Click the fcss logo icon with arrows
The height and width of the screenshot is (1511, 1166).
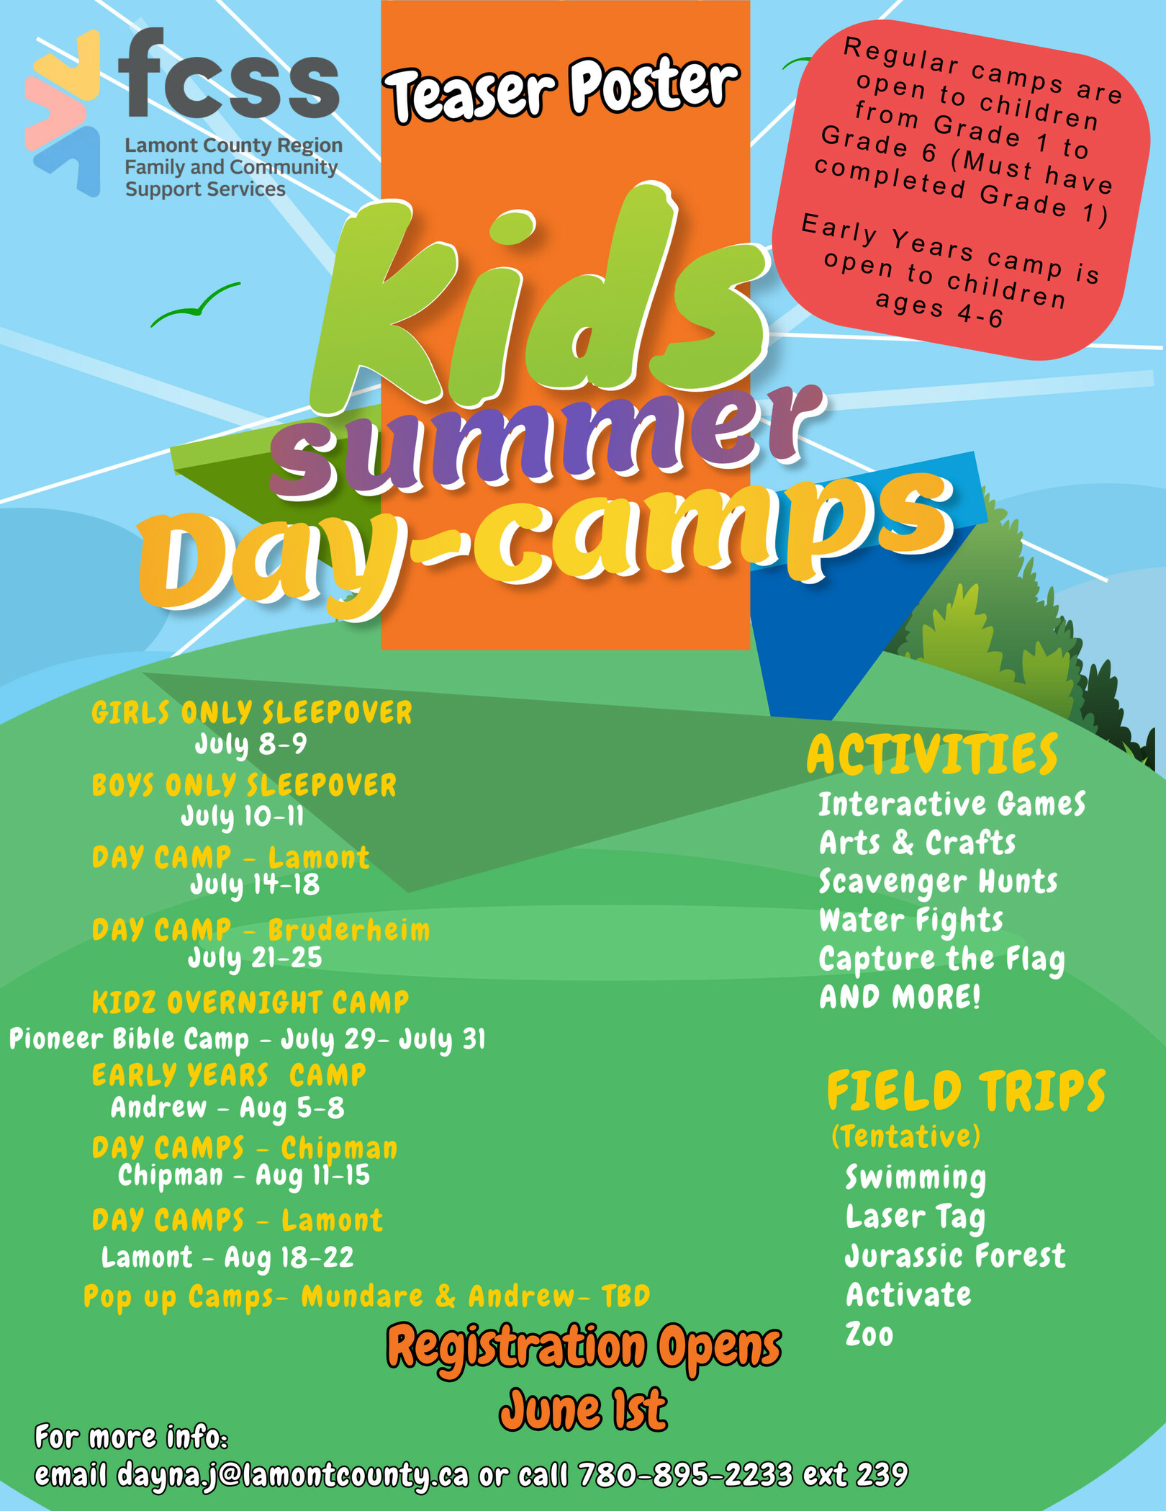[x=63, y=112]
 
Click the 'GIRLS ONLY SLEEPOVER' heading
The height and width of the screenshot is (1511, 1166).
[x=252, y=712]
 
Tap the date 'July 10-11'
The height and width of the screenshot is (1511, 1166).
[x=242, y=817]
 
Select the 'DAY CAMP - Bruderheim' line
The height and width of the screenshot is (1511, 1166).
[x=261, y=930]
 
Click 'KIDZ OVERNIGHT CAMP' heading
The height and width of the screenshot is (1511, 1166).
[x=250, y=1002]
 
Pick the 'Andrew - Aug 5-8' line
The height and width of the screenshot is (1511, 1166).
[x=227, y=1108]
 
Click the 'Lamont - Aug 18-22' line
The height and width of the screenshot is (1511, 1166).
[x=227, y=1257]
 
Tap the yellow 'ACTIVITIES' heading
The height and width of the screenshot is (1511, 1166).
[x=932, y=754]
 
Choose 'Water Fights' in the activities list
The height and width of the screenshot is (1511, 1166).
[x=911, y=920]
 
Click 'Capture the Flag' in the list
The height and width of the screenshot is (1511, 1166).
[x=942, y=959]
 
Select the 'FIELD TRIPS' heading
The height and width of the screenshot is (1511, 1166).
[x=966, y=1090]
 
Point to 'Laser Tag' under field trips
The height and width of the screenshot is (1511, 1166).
[x=916, y=1218]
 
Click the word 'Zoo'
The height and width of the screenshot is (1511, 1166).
[x=869, y=1335]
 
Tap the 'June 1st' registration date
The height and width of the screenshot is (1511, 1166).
[x=583, y=1410]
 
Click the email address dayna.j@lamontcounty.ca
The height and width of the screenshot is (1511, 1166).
[x=293, y=1475]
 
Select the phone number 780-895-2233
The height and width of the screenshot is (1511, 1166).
[x=685, y=1474]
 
